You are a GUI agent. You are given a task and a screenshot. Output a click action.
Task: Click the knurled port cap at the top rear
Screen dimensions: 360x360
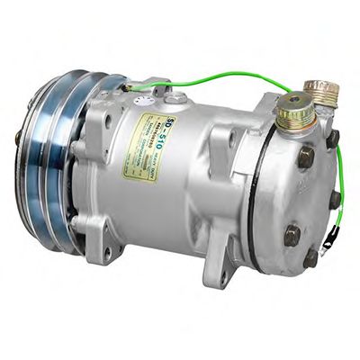point(321,91)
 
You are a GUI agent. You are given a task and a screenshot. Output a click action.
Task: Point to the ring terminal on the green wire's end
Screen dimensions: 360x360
point(334,240)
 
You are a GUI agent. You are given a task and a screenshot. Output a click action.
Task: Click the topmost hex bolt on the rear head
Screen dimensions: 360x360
point(332,138)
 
